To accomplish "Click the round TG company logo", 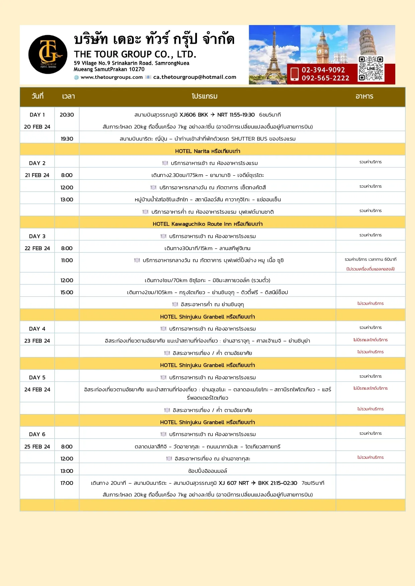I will click(x=48, y=54).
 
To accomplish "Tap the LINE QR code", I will click(x=371, y=69).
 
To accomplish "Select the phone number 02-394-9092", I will click(x=323, y=70).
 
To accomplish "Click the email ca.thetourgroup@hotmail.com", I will click(x=195, y=77).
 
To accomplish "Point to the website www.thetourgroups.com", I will click(x=112, y=77).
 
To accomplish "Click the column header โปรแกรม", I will click(x=205, y=96).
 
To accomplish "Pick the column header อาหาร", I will click(x=364, y=96).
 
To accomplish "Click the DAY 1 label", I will click(x=37, y=115).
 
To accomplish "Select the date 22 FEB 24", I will click(x=37, y=248).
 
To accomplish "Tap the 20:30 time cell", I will click(x=67, y=115).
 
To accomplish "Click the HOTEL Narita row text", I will click(x=207, y=151).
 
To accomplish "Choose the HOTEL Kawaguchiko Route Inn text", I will click(x=207, y=224).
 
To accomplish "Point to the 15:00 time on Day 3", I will click(x=67, y=292).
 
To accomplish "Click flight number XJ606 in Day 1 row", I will click(x=188, y=115).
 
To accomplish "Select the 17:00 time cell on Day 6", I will click(x=67, y=483).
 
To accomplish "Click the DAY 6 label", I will click(x=37, y=434).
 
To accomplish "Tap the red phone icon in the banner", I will click(x=294, y=74).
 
